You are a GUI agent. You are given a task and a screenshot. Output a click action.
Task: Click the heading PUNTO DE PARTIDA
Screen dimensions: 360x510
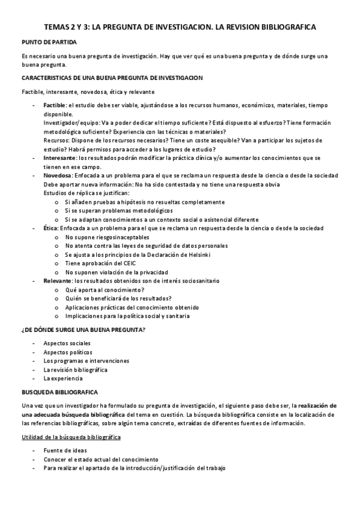tap(49, 42)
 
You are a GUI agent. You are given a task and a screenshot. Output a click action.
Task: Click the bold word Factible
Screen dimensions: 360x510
tap(55, 105)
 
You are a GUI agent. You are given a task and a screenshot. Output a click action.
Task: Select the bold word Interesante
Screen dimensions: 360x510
tap(59, 158)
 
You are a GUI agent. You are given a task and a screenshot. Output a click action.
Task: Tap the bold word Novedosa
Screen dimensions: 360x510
tap(56, 175)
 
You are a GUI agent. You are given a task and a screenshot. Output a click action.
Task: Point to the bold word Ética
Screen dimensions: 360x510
tap(50, 229)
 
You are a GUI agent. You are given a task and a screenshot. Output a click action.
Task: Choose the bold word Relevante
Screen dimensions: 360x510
tap(57, 280)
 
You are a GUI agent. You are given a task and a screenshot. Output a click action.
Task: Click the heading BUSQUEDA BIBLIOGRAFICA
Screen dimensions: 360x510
tap(55, 392)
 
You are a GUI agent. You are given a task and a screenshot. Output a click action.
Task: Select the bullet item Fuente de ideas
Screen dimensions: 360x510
tap(65, 450)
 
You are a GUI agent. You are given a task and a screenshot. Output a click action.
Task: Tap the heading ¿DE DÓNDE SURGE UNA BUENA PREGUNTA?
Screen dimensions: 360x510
tap(83, 330)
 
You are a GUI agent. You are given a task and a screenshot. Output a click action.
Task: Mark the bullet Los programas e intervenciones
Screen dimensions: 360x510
tap(86, 361)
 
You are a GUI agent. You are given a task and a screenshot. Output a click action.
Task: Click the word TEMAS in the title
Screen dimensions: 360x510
tap(59, 27)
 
